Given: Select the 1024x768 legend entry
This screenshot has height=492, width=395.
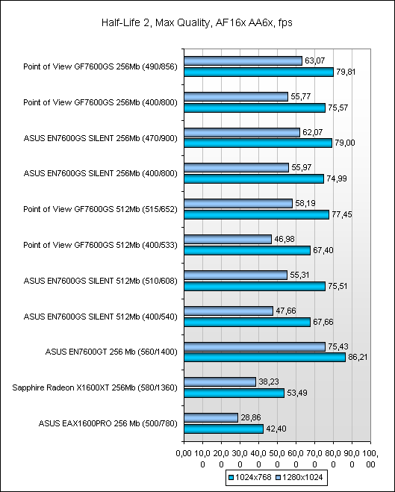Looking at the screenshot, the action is pyautogui.click(x=249, y=477).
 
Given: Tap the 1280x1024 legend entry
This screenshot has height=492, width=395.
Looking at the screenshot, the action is pyautogui.click(x=299, y=477).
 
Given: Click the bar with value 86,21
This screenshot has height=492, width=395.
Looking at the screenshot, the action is pyautogui.click(x=264, y=358).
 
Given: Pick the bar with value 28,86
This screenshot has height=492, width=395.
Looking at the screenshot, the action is pyautogui.click(x=211, y=417).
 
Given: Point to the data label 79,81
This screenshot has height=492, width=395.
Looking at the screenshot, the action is pyautogui.click(x=346, y=72).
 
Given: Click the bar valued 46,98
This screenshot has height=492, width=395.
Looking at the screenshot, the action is pyautogui.click(x=228, y=239).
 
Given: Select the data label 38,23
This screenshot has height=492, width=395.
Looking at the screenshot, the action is pyautogui.click(x=268, y=382).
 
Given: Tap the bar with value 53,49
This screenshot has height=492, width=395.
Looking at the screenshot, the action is pyautogui.click(x=234, y=393).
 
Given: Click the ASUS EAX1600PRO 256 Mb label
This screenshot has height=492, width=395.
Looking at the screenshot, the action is pyautogui.click(x=108, y=423).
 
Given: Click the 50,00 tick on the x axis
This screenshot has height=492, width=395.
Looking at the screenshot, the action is pyautogui.click(x=277, y=458).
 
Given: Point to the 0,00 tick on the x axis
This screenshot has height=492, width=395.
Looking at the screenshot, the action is pyautogui.click(x=184, y=453).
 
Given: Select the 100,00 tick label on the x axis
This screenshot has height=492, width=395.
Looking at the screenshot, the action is pyautogui.click(x=370, y=458).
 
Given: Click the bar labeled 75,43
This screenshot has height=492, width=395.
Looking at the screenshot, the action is pyautogui.click(x=255, y=346).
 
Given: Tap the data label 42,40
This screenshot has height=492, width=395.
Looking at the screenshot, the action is pyautogui.click(x=276, y=429).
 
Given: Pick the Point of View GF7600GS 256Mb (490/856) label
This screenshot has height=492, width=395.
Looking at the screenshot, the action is pyautogui.click(x=100, y=66).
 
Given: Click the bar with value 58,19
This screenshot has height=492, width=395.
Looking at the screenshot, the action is pyautogui.click(x=238, y=203).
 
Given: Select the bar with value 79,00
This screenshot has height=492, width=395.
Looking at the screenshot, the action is pyautogui.click(x=258, y=143).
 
